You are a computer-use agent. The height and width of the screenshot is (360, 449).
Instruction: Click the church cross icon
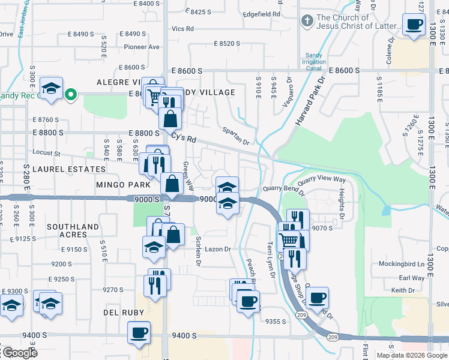pyautogui.click(x=307, y=22)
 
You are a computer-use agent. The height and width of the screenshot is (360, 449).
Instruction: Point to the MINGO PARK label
pyautogui.click(x=122, y=185)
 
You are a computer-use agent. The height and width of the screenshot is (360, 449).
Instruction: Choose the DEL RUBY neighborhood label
pyautogui.click(x=123, y=313)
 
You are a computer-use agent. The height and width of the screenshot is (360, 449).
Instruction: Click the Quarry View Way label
pyautogui.click(x=322, y=179)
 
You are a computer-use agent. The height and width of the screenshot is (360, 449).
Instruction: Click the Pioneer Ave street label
pyautogui.click(x=142, y=47)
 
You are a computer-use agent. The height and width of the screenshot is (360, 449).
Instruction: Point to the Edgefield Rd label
pyautogui.click(x=262, y=14)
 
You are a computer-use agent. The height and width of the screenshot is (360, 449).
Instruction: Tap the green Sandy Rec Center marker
pyautogui.click(x=70, y=94)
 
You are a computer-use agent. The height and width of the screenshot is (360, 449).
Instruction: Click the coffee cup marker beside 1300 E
pyautogui.click(x=413, y=25)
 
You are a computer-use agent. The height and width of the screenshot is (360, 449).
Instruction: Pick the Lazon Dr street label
pyautogui.click(x=218, y=249)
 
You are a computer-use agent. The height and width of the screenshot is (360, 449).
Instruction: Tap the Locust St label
pyautogui.click(x=48, y=154)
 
